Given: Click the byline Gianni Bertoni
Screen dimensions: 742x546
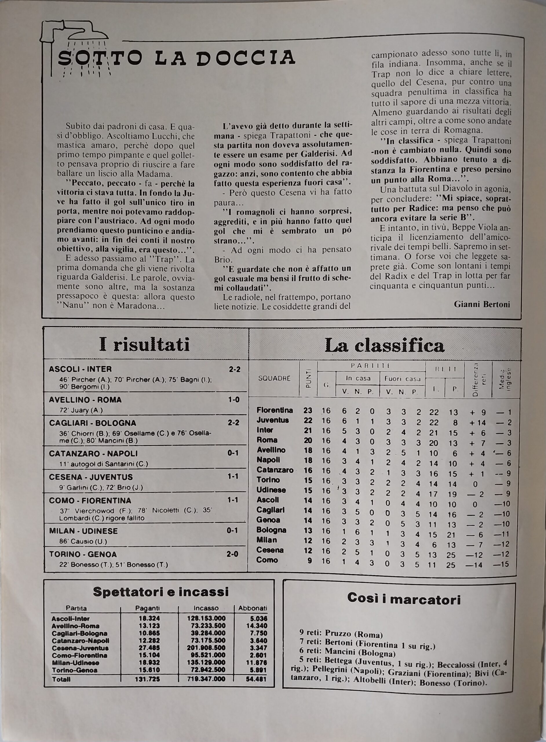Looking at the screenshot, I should click(x=482, y=304).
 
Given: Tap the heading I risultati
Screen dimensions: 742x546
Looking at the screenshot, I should click(x=145, y=345).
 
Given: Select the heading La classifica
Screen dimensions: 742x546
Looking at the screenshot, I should click(x=384, y=345).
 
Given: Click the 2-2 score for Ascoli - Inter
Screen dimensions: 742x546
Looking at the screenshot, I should click(x=235, y=369).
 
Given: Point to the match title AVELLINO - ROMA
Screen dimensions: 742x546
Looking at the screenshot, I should click(x=85, y=400).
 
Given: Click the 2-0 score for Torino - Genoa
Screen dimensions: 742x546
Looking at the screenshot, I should click(x=233, y=554).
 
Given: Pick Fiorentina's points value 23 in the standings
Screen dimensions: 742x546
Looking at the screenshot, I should click(x=308, y=410).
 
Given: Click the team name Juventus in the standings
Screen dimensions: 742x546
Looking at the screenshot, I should click(x=273, y=420).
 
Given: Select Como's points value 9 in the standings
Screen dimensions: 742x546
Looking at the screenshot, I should click(x=309, y=561).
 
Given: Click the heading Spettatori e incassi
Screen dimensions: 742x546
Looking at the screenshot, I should click(x=161, y=592).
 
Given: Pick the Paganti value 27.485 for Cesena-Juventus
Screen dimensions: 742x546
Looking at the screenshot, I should click(x=149, y=648).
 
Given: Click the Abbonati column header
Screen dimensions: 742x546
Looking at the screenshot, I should click(x=253, y=608).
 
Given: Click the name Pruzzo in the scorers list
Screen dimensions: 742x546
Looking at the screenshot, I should click(x=338, y=635).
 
